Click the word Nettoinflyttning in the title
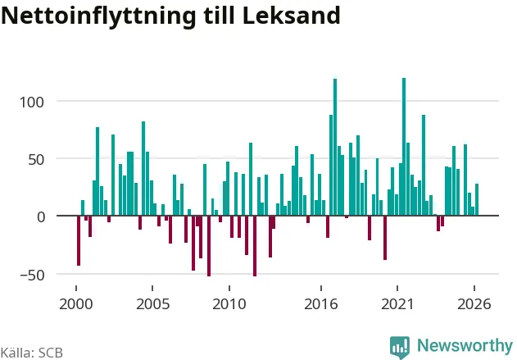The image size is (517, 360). coord(98,16)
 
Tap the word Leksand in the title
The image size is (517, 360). coord(291,16)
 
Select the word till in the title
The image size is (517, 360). coord(220,16)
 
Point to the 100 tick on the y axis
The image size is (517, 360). coord(32,103)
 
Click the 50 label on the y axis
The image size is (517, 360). coord(36,160)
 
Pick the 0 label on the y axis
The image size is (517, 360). coord(40,217)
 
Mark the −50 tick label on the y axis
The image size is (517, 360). coord(32,275)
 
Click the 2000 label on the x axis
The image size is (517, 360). coord(76,304)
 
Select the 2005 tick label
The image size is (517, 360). coord(152,304)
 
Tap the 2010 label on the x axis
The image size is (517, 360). coord(229,304)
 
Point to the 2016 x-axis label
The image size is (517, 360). coord(321,304)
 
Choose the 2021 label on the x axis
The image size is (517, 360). coord(397,304)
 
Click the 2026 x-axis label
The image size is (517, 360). coord(474,304)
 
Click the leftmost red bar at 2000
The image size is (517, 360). coord(79,240)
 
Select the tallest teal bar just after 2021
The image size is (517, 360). coord(404,147)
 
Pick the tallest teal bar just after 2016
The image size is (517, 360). coord(335,147)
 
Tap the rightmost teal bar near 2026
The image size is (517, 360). coord(477,199)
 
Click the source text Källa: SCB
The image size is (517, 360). coord(32,353)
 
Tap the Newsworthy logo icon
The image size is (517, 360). coord(400,347)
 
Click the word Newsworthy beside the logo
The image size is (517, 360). coord(465,345)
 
